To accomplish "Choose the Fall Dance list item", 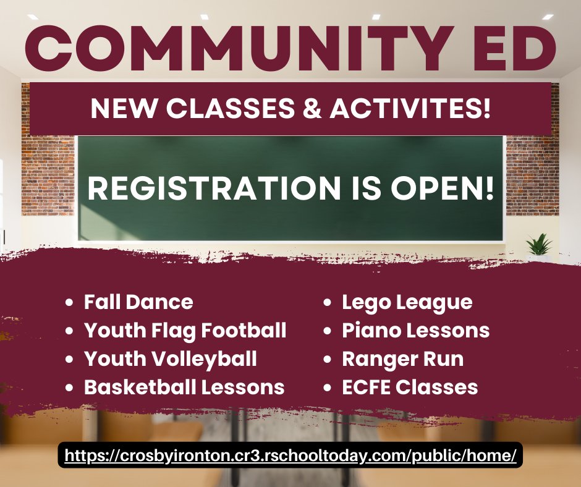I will pyautogui.click(x=138, y=302).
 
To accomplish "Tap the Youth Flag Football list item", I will pyautogui.click(x=185, y=331).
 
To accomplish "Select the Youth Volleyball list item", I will pyautogui.click(x=170, y=358).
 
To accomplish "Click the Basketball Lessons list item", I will pyautogui.click(x=184, y=387).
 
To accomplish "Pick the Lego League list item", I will pyautogui.click(x=407, y=302).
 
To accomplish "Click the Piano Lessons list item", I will pyautogui.click(x=415, y=331).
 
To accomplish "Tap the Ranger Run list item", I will pyautogui.click(x=402, y=358).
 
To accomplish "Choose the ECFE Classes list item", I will pyautogui.click(x=410, y=387).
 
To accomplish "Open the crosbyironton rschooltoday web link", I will pyautogui.click(x=290, y=456).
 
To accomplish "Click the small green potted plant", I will pyautogui.click(x=539, y=245).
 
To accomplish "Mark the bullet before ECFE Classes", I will pyautogui.click(x=329, y=387).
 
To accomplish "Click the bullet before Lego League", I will pyautogui.click(x=329, y=303).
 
